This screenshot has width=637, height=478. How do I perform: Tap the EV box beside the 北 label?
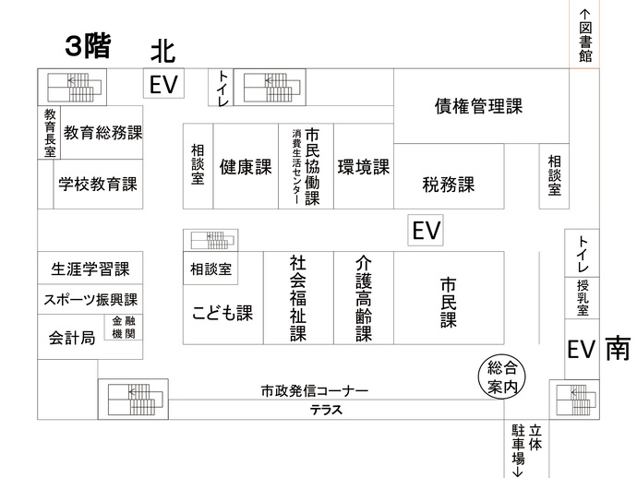(163, 85)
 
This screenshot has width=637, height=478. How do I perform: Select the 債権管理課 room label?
(478, 106)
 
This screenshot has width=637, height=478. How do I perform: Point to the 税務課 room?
(448, 184)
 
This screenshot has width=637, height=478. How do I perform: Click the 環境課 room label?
(363, 167)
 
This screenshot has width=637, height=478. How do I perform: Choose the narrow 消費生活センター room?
(296, 167)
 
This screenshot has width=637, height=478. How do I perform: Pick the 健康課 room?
(245, 167)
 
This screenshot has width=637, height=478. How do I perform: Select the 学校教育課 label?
(97, 184)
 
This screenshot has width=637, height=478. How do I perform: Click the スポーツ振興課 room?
(90, 300)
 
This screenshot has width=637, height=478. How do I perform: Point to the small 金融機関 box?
(127, 328)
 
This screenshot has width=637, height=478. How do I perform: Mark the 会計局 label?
(72, 339)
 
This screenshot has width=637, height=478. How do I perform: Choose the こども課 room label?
(222, 313)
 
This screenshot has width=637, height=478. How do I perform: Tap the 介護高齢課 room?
(364, 297)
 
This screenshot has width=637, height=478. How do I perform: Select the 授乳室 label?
(582, 297)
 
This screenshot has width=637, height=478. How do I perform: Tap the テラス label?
(326, 411)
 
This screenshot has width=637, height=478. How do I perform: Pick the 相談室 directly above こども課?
(211, 269)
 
